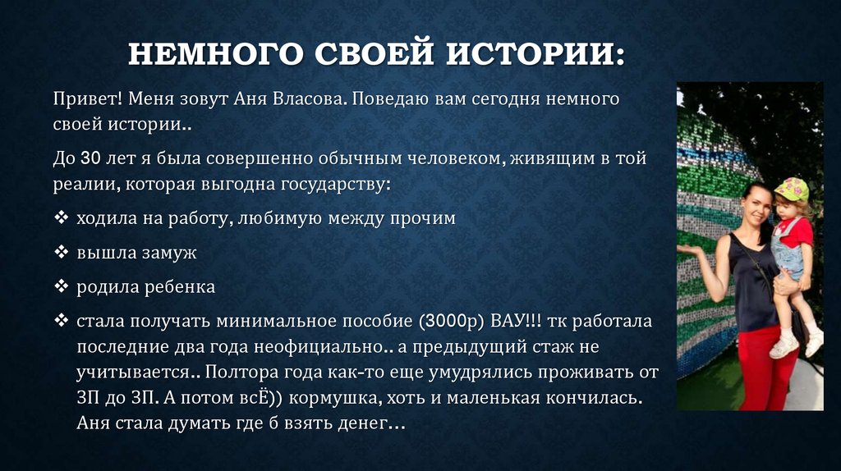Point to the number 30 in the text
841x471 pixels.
pyautogui.click(x=90, y=157)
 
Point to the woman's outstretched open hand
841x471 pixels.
pyautogui.click(x=692, y=248)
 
